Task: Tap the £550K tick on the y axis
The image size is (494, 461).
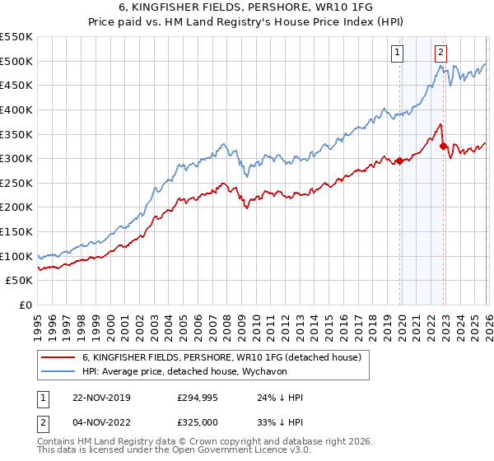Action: click(x=16, y=37)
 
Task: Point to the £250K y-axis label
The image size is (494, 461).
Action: click(x=16, y=184)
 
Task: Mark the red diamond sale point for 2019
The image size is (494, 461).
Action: click(x=400, y=161)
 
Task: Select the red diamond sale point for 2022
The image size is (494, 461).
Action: click(x=443, y=147)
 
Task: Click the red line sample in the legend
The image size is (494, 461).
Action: click(x=58, y=357)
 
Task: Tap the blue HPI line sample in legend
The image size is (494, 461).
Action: click(x=58, y=371)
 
